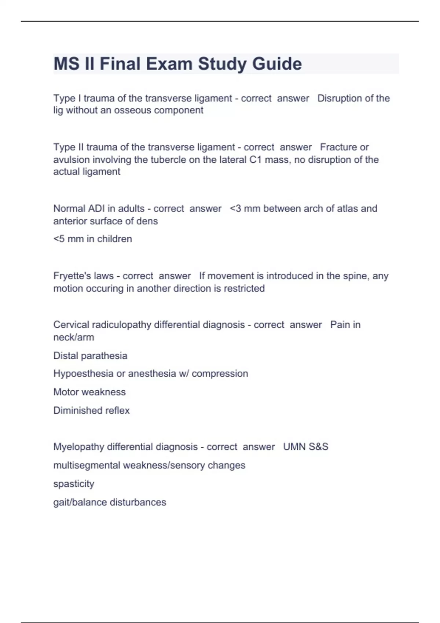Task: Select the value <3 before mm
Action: click(x=235, y=209)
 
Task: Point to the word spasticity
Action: click(x=74, y=484)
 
